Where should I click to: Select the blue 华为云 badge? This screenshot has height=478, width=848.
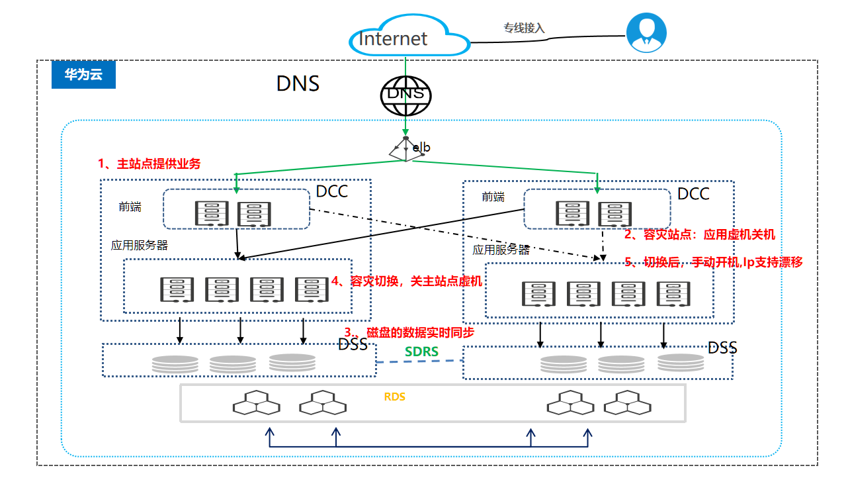coord(83,75)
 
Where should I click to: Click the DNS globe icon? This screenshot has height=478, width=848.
coord(405,94)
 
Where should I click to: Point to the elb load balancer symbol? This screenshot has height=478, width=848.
coord(405,148)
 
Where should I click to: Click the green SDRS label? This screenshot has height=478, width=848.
coord(421,352)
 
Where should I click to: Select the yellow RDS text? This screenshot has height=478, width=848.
coord(394,397)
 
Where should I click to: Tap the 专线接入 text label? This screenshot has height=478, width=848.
coord(524,28)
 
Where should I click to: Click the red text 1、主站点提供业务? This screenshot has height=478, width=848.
coord(149,164)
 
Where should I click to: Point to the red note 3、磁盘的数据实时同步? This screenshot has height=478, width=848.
coord(409,332)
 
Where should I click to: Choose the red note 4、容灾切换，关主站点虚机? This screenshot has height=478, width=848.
coord(407,281)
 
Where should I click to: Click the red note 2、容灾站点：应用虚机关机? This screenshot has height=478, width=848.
coord(699,234)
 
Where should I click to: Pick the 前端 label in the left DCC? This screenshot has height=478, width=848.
coord(130,207)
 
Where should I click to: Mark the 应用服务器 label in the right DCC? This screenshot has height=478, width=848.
coord(501,250)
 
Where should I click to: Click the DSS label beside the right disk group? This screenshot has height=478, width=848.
coord(722,348)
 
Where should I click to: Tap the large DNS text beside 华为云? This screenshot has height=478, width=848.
coord(298,84)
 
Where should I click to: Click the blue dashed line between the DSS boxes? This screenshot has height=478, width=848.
coord(419,361)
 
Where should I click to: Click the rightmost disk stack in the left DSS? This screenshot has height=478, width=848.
coord(292,362)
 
